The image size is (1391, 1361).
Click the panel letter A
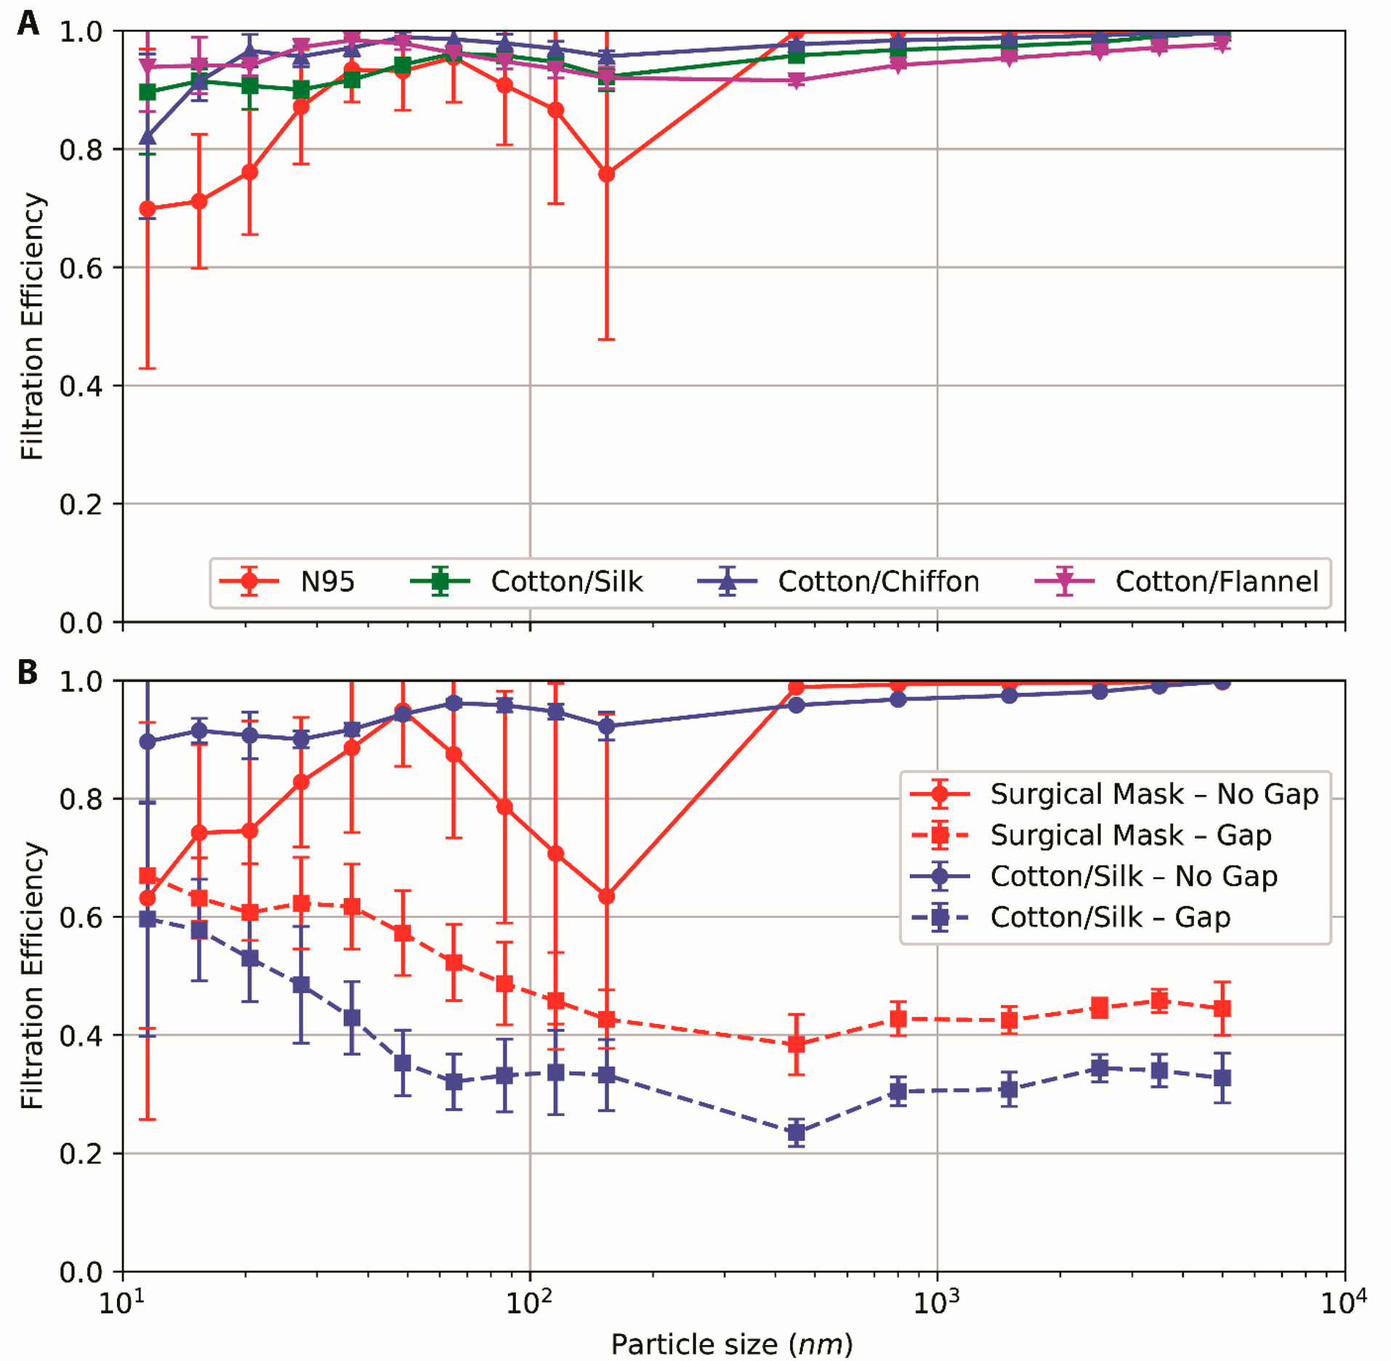28,23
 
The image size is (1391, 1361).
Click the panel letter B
28,672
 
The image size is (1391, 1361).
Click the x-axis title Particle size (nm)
732,1344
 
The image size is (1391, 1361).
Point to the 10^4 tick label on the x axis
1344,1301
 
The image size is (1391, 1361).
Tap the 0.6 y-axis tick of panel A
81,268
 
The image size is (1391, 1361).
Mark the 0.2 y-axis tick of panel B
81,1154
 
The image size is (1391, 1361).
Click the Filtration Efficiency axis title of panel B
33,976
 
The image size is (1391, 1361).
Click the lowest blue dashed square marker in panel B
797,1132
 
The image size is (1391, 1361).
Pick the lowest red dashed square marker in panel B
797,1044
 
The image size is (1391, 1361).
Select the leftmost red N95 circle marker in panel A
148,209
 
